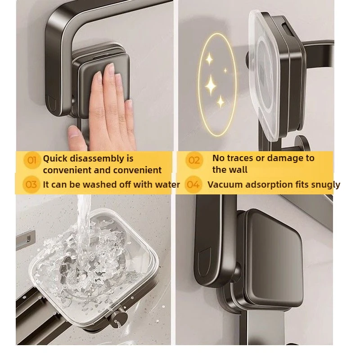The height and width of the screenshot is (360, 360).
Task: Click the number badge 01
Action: [x=31, y=160]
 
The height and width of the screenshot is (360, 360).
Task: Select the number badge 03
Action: [x=31, y=184]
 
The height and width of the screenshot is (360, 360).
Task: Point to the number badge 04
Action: [x=193, y=184]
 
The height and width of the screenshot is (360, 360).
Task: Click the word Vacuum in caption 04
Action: [x=224, y=184]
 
